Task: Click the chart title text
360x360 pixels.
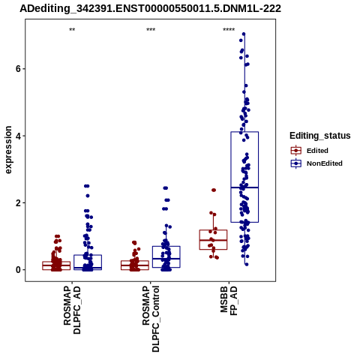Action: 150,8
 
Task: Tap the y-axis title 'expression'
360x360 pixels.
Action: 8,150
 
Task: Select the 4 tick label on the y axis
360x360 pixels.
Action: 18,136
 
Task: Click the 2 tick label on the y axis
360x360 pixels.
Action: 18,203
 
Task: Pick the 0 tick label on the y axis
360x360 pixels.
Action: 18,270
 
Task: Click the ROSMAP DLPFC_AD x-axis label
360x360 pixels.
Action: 72,310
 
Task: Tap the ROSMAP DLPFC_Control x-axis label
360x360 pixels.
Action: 151,319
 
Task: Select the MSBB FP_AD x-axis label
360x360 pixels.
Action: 229,301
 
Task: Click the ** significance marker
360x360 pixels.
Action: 72,30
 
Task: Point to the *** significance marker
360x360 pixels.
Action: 151,30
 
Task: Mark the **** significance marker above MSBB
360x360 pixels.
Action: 229,30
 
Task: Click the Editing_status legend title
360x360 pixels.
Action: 320,136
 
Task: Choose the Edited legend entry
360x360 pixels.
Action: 317,151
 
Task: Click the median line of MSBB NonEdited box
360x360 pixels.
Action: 244,187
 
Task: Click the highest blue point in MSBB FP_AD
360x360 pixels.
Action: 244,34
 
